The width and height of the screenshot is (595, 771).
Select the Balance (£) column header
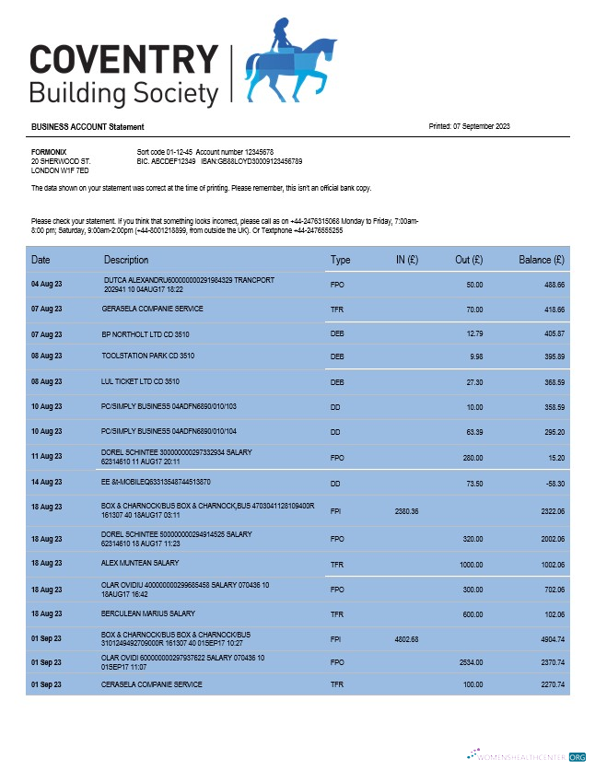(x=542, y=261)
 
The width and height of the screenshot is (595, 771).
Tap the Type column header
(x=340, y=261)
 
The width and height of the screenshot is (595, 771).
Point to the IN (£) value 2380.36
(x=406, y=509)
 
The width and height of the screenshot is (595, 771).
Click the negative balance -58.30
(x=554, y=483)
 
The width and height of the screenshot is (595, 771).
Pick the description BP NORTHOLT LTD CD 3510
(x=147, y=333)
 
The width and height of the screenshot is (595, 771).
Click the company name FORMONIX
(x=49, y=152)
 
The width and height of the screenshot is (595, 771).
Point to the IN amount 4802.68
(x=406, y=637)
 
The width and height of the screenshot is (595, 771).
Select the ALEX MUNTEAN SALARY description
(x=140, y=563)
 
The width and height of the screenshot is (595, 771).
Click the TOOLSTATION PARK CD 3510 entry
(x=147, y=356)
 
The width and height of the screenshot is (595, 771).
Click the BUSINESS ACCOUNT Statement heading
(x=87, y=127)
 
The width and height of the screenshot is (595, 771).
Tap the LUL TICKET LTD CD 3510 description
(x=140, y=380)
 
